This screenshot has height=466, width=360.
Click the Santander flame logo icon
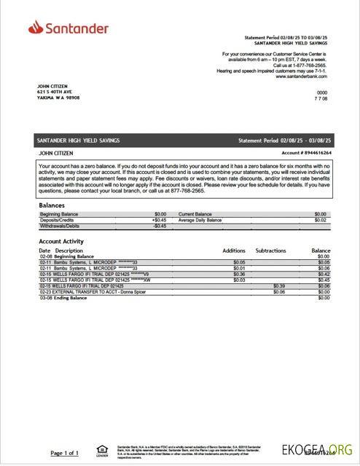tap(34, 28)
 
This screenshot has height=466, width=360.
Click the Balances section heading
tap(52, 205)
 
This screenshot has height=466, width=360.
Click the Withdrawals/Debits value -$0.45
tap(160, 226)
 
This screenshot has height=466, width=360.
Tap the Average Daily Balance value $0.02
tap(320, 220)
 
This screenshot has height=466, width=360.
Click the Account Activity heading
tap(61, 242)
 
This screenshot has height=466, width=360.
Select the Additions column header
tap(234, 250)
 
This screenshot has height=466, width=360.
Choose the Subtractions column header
tap(270, 250)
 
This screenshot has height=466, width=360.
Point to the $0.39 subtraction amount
tap(278, 286)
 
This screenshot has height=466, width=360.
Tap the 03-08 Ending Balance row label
tap(66, 298)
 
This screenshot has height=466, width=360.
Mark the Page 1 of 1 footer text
tap(65, 453)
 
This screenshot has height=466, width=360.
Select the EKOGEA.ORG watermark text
tap(328, 449)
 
